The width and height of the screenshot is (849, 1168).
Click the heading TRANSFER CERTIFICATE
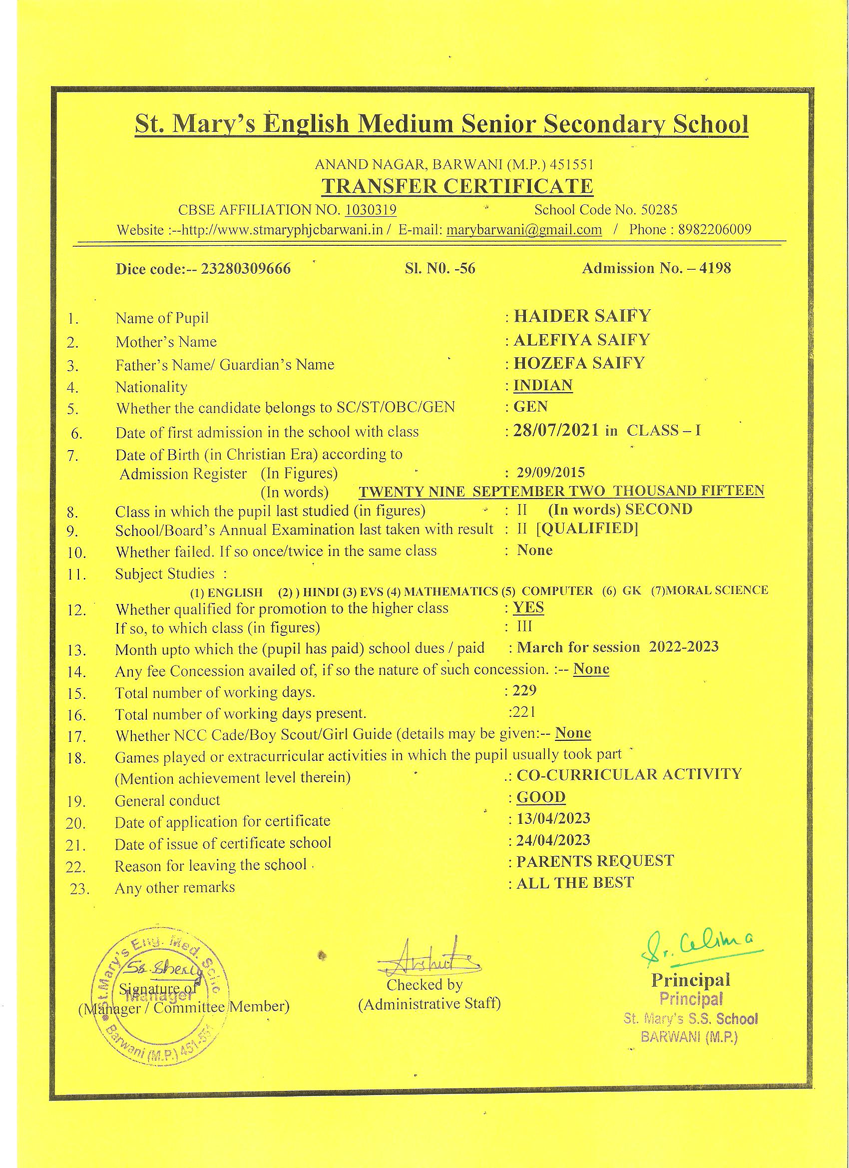point(457,186)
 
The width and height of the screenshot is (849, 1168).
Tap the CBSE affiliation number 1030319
point(371,210)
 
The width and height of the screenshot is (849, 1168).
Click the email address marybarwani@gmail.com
point(524,230)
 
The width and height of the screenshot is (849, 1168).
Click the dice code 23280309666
point(246,269)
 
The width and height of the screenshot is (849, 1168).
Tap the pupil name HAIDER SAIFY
point(582,316)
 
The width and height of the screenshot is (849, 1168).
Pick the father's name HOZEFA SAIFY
point(579,363)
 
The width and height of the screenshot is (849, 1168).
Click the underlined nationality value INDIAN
point(543,385)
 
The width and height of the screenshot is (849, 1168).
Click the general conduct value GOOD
point(541,797)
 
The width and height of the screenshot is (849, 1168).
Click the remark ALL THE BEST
point(575,883)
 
